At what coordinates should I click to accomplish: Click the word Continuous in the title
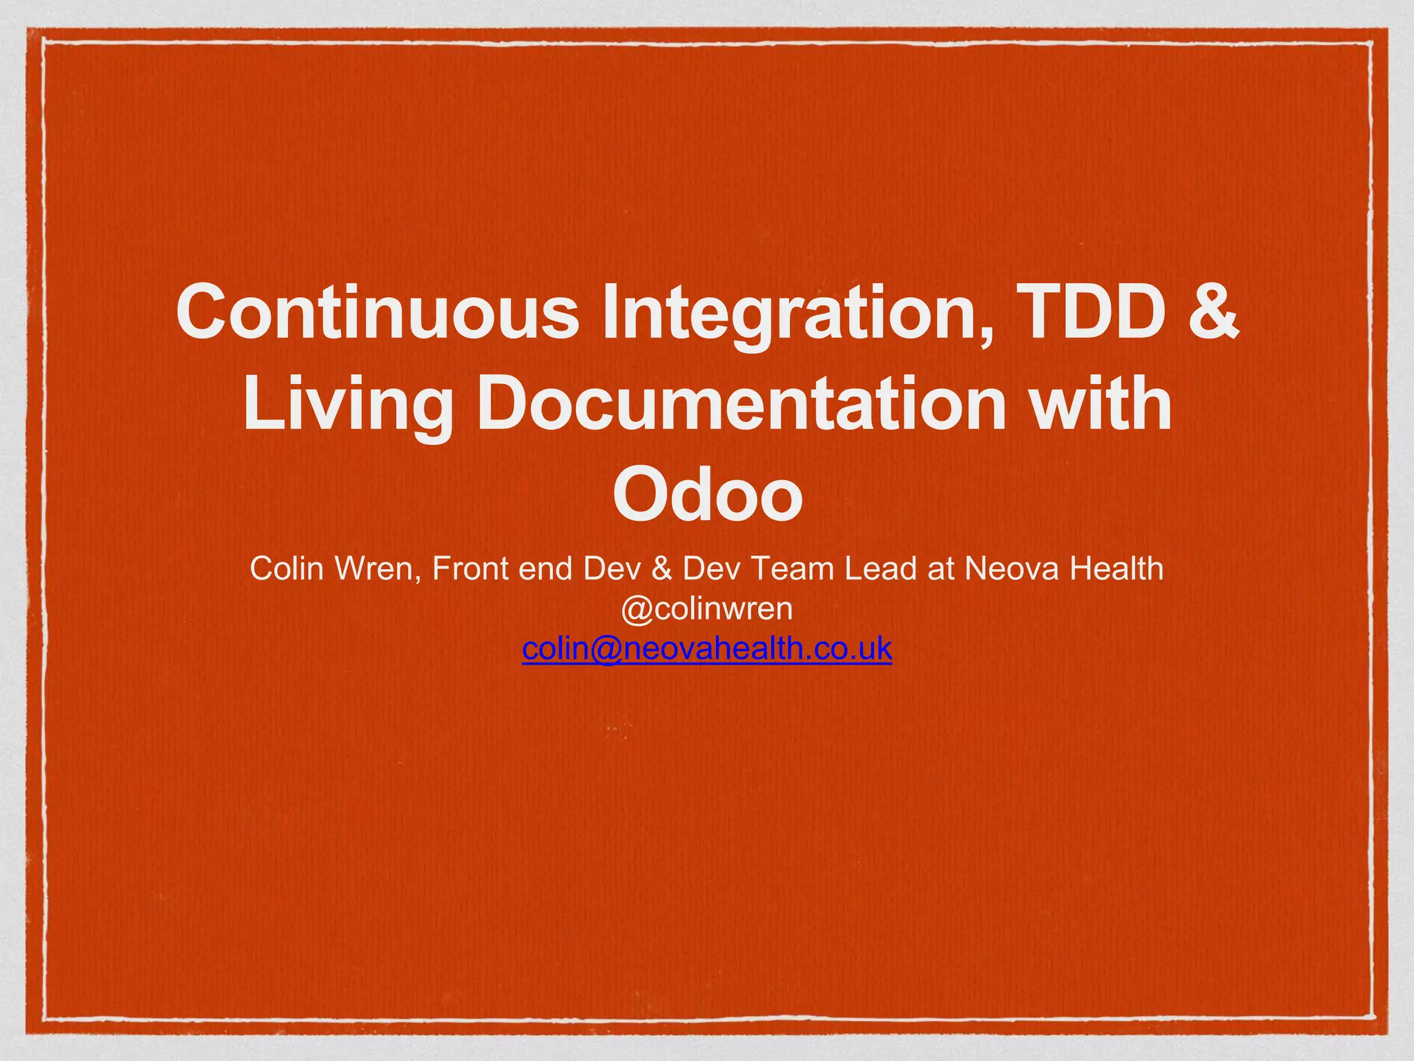[378, 312]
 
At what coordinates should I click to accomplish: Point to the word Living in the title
[347, 404]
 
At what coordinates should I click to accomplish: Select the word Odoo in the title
[707, 495]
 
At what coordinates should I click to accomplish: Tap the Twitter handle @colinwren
[707, 609]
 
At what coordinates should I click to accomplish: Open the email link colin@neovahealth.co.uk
[707, 649]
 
